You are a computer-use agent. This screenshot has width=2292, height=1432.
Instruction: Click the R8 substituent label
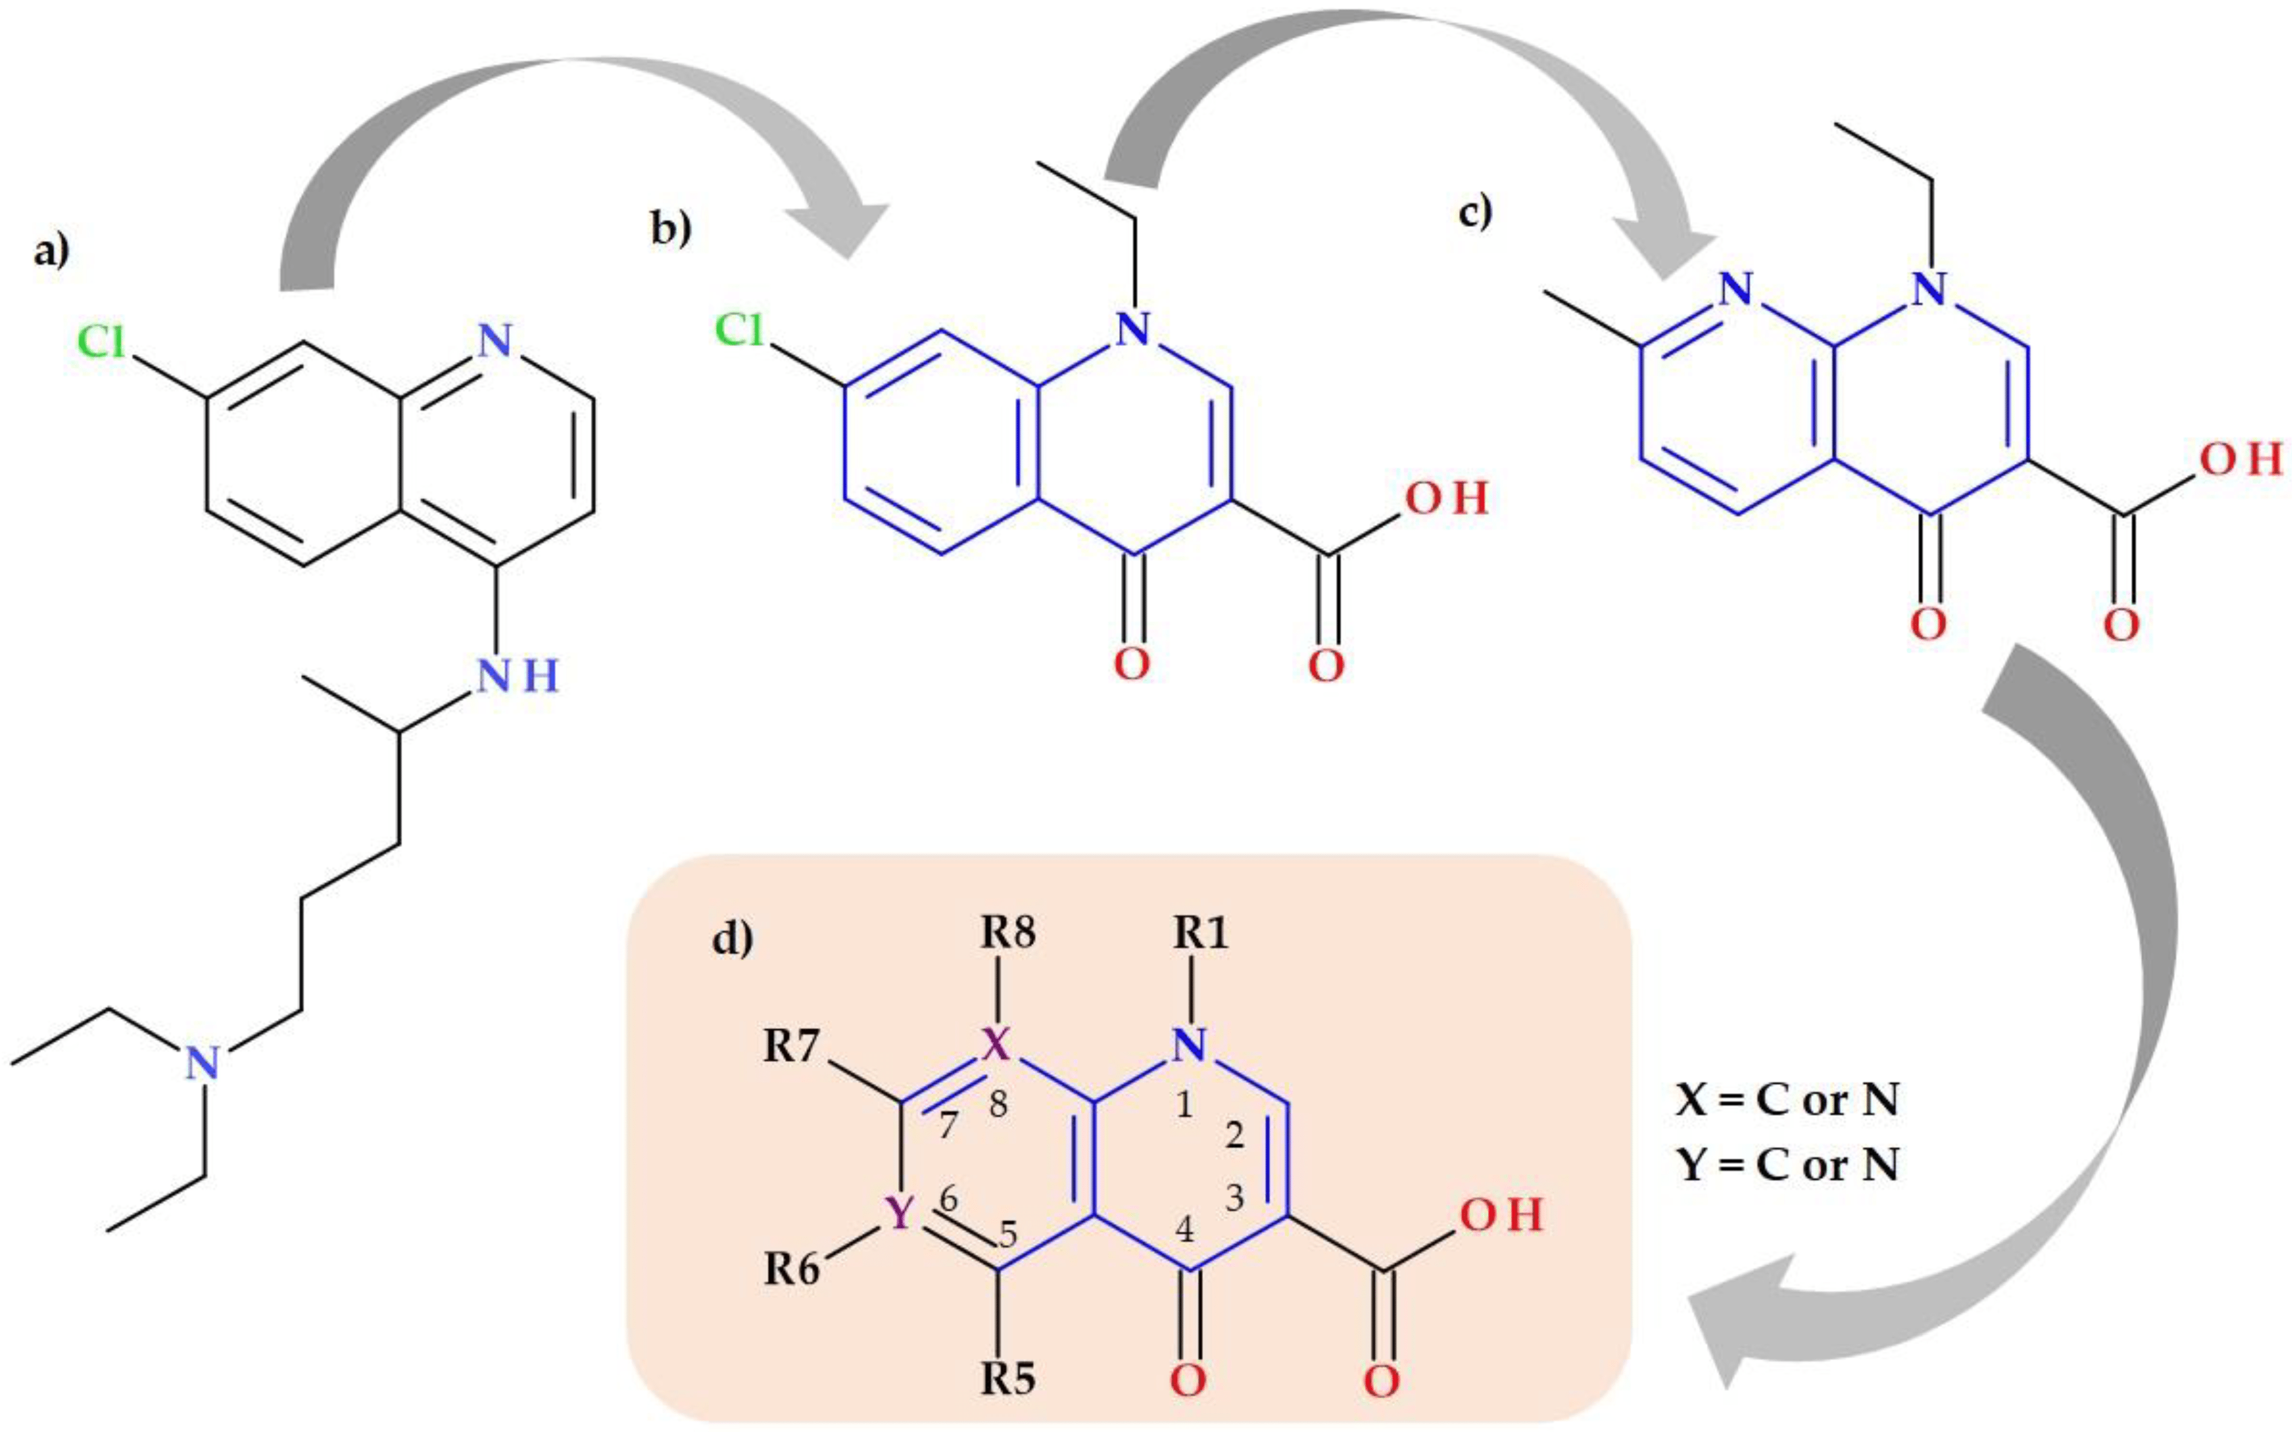click(x=1007, y=935)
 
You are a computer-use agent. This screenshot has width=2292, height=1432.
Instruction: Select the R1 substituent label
click(x=1201, y=935)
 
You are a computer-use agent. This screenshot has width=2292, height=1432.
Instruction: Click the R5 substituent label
click(x=1007, y=1381)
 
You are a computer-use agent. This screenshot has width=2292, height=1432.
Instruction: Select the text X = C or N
click(x=1786, y=1101)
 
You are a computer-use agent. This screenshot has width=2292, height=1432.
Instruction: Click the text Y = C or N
click(x=1786, y=1165)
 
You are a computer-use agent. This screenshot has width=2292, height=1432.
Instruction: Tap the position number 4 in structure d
click(x=1184, y=1230)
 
